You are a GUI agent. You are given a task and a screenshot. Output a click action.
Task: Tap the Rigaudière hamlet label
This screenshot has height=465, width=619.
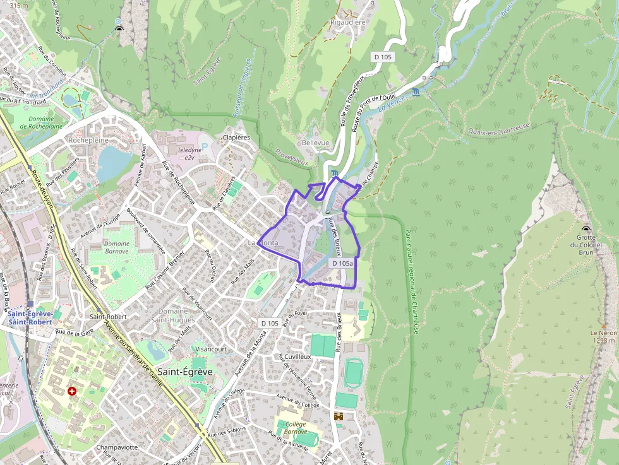[348, 22]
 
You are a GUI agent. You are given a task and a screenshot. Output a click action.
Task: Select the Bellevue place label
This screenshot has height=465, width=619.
[315, 143]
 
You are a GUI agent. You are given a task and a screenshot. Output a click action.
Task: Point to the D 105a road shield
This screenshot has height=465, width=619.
[342, 262]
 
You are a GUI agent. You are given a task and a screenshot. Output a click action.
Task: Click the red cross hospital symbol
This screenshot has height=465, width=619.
[72, 391]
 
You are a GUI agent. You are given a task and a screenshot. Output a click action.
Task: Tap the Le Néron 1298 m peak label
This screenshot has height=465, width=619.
[603, 336]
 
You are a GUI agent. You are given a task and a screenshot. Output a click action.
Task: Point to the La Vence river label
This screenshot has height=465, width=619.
[392, 105]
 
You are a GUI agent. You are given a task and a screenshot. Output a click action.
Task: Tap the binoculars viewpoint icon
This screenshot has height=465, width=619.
[339, 416]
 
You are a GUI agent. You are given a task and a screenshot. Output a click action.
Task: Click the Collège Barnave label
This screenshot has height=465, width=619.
[295, 428]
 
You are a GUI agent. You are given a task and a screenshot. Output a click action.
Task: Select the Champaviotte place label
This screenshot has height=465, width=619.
[117, 447]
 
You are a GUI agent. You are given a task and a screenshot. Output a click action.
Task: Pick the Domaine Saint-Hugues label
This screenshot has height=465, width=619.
[172, 315]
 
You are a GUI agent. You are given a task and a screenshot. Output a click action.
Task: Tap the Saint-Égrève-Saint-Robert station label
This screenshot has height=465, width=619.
[30, 318]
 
